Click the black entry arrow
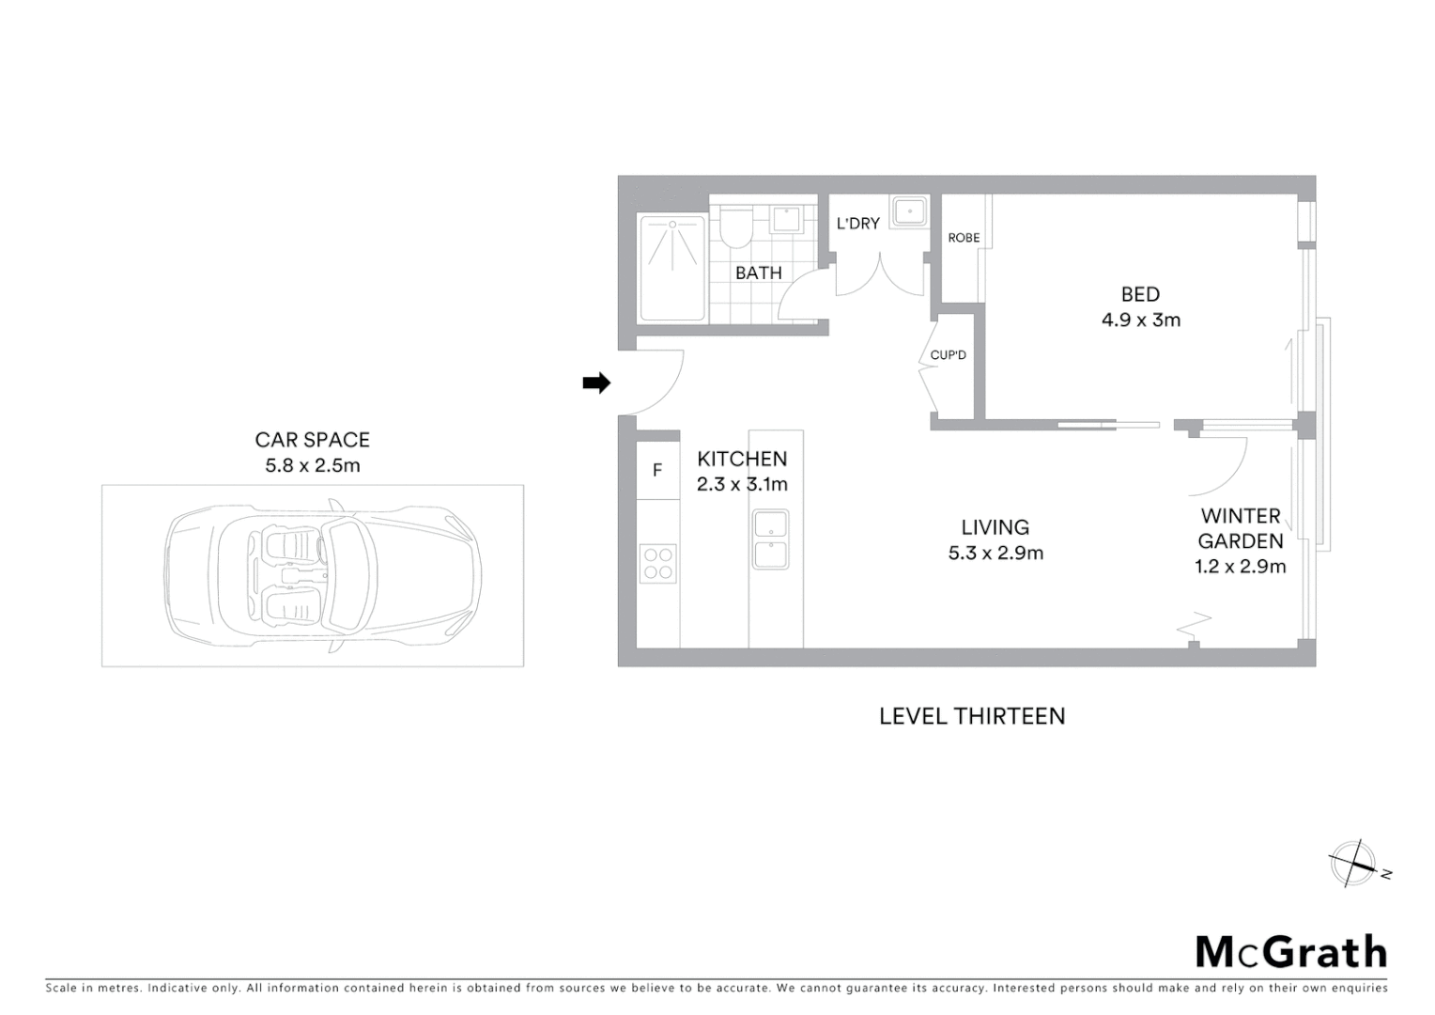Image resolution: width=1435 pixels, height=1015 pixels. pos(596,383)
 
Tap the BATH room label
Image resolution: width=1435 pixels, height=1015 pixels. pos(759,273)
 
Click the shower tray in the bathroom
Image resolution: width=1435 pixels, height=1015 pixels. pos(671,268)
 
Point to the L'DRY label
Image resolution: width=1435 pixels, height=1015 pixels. pos(857,224)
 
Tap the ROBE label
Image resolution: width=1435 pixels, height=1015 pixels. pos(964,238)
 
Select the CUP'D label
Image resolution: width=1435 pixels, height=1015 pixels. pos(949,355)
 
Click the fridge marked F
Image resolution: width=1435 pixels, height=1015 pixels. pos(657,470)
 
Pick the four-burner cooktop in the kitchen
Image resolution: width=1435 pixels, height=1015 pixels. pos(658,563)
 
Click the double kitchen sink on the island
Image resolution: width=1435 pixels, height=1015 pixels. pos(770,539)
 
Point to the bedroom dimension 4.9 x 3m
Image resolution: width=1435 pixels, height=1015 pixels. pos(1141,320)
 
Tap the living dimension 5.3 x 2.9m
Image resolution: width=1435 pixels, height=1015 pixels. pos(995,553)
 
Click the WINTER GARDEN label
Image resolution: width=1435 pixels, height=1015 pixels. pos(1241,528)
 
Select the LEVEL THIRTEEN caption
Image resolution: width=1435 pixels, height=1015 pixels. pos(972,716)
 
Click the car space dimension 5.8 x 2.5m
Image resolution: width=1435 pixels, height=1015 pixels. pos(313,465)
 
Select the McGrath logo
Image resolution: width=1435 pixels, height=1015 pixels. pos(1291,951)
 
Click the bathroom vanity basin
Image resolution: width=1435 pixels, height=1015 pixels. pos(784,220)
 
